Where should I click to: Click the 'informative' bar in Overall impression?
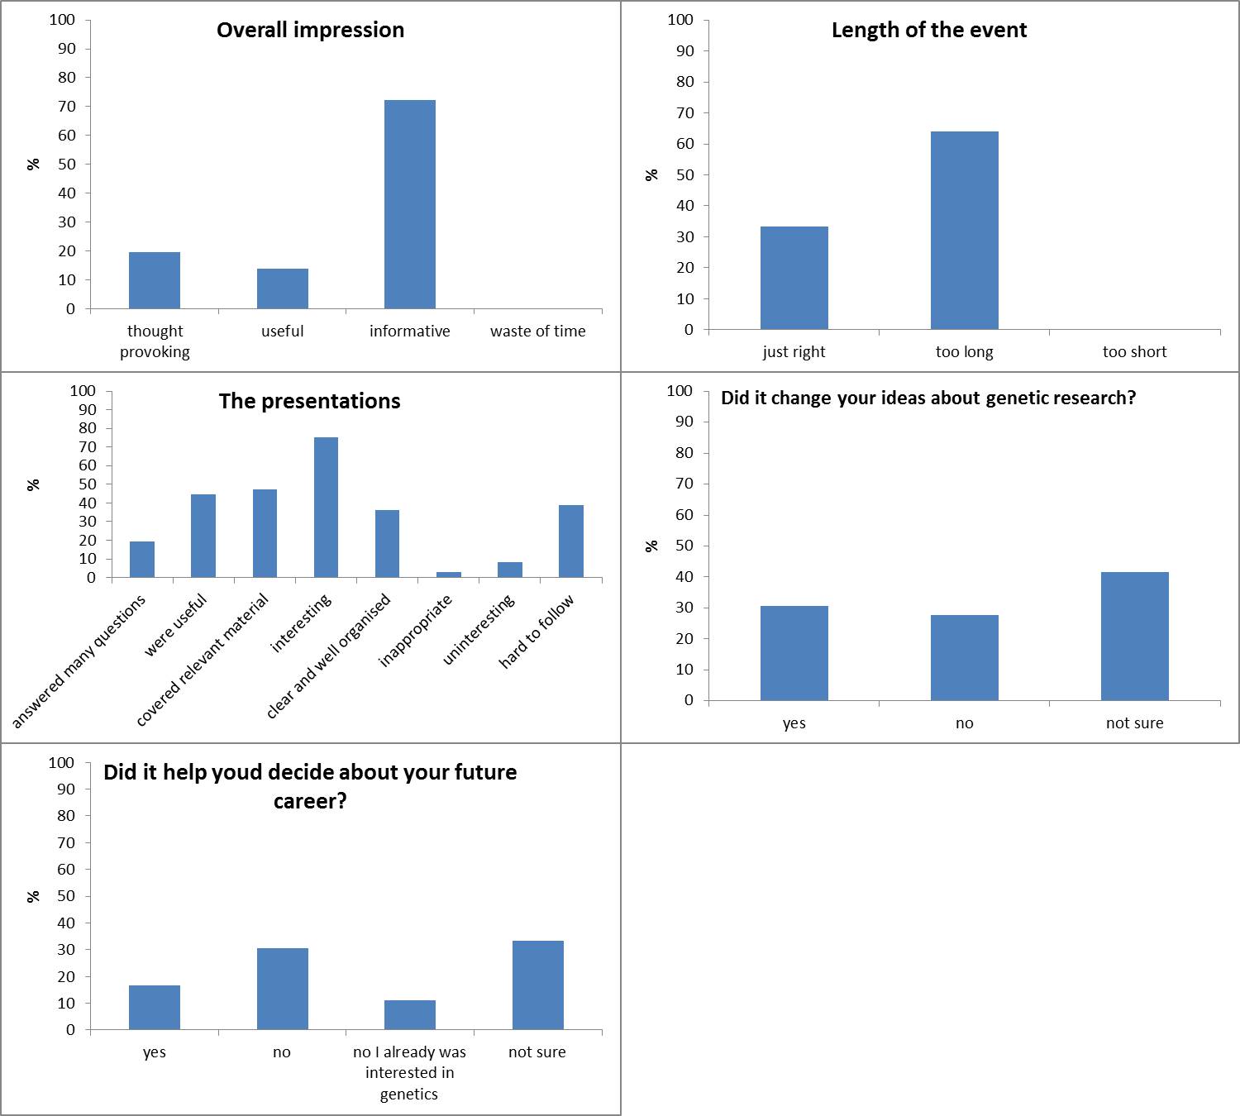pos(410,204)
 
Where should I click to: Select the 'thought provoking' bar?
pos(155,280)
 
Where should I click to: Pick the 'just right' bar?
pos(794,278)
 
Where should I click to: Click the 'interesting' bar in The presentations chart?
pos(326,507)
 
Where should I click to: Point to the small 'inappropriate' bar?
pos(449,575)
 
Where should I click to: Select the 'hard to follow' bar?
pos(571,541)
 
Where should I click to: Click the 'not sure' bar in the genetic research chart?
pos(1134,636)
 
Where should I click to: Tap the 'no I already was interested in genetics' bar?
pos(410,1014)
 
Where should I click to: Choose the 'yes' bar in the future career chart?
pos(155,1007)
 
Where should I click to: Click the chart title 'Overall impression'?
pos(310,31)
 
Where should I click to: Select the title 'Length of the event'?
pos(929,31)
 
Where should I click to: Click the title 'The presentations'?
pos(309,402)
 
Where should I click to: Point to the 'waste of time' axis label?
pos(537,331)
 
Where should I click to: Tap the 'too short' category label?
pos(1134,352)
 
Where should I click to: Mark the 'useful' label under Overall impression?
pos(282,331)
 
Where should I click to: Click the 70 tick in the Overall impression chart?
pos(67,107)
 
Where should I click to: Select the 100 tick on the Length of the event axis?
pos(680,20)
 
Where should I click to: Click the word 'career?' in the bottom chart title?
pos(310,802)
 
